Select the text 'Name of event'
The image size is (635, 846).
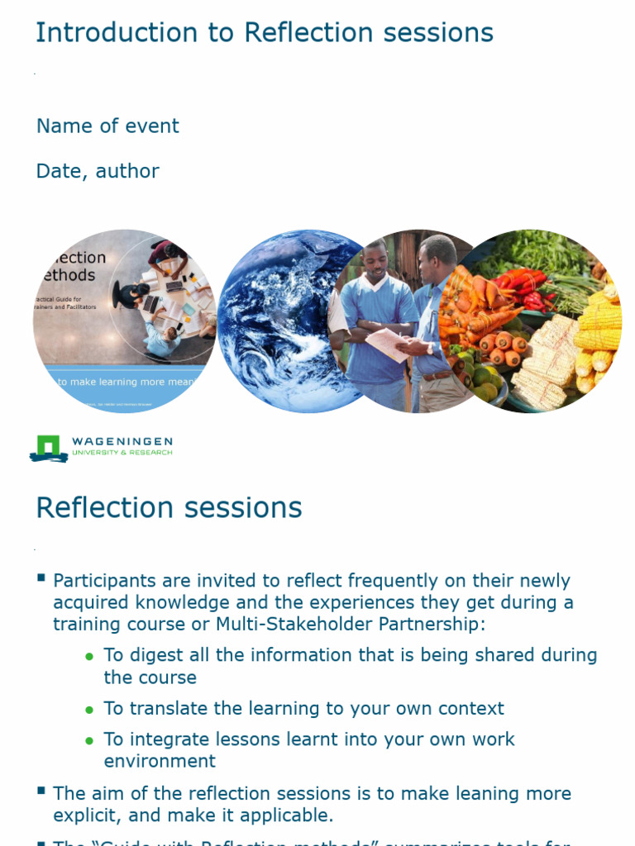point(107,126)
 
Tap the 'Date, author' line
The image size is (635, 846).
point(98,172)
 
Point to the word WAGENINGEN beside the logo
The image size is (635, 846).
point(122,442)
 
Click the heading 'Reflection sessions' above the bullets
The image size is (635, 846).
point(169,507)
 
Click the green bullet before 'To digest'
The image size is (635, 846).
point(89,656)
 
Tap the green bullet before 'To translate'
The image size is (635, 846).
point(89,710)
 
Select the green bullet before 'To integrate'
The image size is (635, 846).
point(89,740)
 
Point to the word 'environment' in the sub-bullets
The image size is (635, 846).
point(160,761)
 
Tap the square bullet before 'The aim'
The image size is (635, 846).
point(41,791)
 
